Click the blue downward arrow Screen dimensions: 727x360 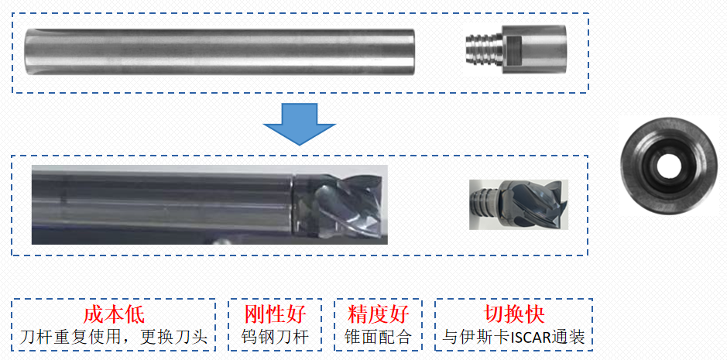point(299,124)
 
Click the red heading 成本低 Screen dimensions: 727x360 point(114,314)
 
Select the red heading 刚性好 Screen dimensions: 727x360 point(276,314)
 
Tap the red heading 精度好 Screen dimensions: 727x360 point(379,314)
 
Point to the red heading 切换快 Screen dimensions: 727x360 point(514,314)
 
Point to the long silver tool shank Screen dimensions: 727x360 point(220,52)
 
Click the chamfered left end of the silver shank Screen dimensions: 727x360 point(29,52)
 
